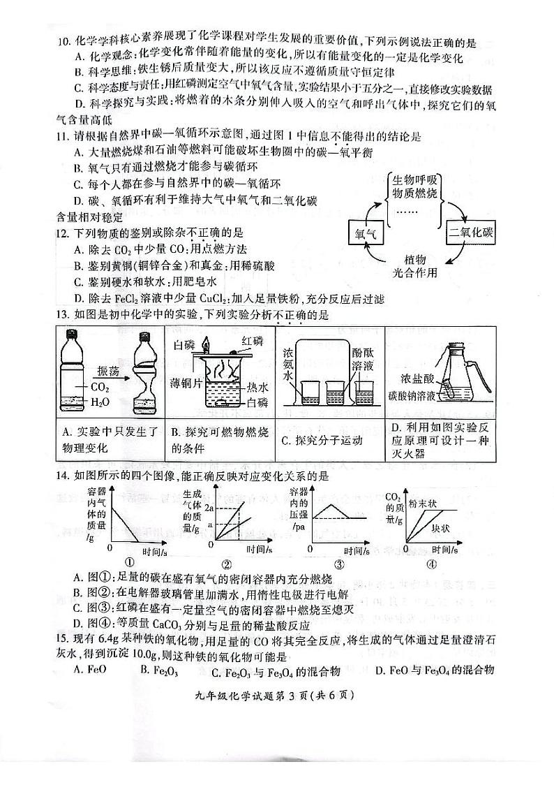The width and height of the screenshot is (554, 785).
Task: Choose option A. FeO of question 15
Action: [86, 670]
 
